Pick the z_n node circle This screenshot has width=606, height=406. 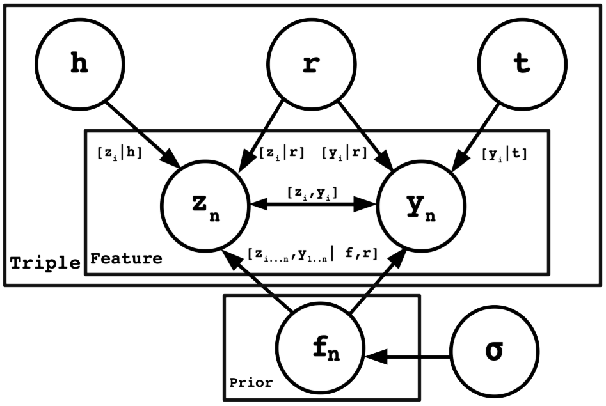pos(204,205)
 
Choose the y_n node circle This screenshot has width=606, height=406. pos(421,205)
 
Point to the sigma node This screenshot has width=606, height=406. pos(495,351)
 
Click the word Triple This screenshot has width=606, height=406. pos(45,262)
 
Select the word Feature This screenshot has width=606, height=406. pos(126,259)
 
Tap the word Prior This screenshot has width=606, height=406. pos(251,383)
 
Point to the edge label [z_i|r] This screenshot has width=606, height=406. pos(282,153)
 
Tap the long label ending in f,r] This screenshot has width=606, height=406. pos(312,253)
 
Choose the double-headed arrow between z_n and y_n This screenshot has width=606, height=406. pos(312,205)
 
